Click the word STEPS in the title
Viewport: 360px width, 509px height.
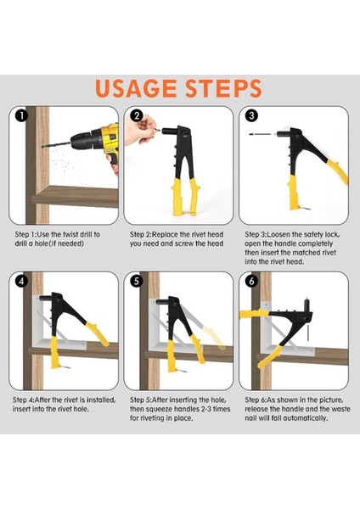pos(223,88)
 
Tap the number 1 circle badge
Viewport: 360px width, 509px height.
pos(21,115)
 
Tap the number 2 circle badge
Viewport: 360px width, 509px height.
pos(137,115)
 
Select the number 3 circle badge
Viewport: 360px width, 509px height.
pos(251,115)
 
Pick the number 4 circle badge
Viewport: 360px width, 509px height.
pos(21,281)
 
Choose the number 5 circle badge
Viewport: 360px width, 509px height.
pos(137,281)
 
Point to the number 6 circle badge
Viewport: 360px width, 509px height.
pos(251,281)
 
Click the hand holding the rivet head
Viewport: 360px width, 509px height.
pos(141,131)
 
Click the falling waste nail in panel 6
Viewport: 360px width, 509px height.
pos(307,331)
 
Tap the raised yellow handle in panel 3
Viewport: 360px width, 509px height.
pos(337,171)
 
